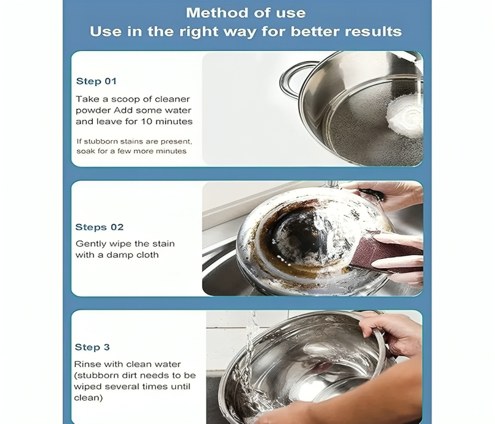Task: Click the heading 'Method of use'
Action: [x=246, y=13]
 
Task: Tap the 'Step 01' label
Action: [x=97, y=81]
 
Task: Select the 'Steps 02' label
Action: [x=100, y=227]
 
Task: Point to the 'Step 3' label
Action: [x=92, y=348]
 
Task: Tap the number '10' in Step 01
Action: [x=146, y=122]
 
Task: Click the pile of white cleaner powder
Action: [x=405, y=117]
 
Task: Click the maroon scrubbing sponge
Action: [x=385, y=252]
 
